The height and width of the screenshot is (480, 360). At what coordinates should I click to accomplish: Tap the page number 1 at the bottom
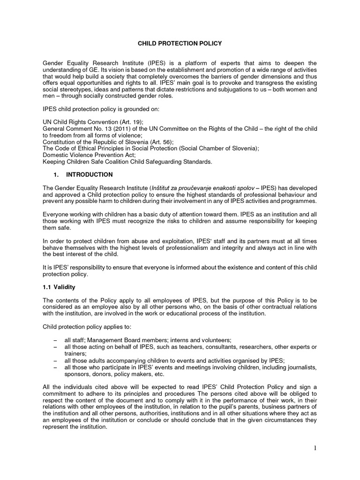pyautogui.click(x=315, y=449)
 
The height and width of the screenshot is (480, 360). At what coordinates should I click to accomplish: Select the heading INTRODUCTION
pyautogui.click(x=89, y=175)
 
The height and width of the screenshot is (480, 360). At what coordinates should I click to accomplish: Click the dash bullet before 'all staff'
pyautogui.click(x=56, y=340)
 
